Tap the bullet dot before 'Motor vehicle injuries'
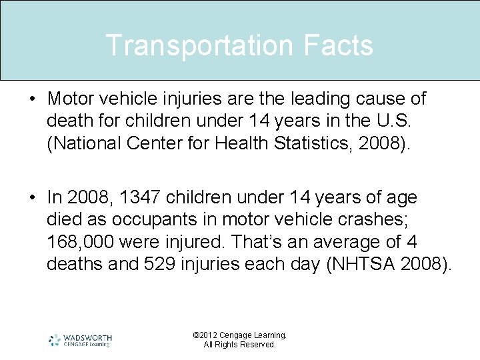(33, 99)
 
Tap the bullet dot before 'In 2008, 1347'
(33, 198)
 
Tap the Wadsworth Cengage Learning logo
(80, 340)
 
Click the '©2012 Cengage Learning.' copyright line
(239, 335)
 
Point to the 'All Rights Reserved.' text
(239, 345)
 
